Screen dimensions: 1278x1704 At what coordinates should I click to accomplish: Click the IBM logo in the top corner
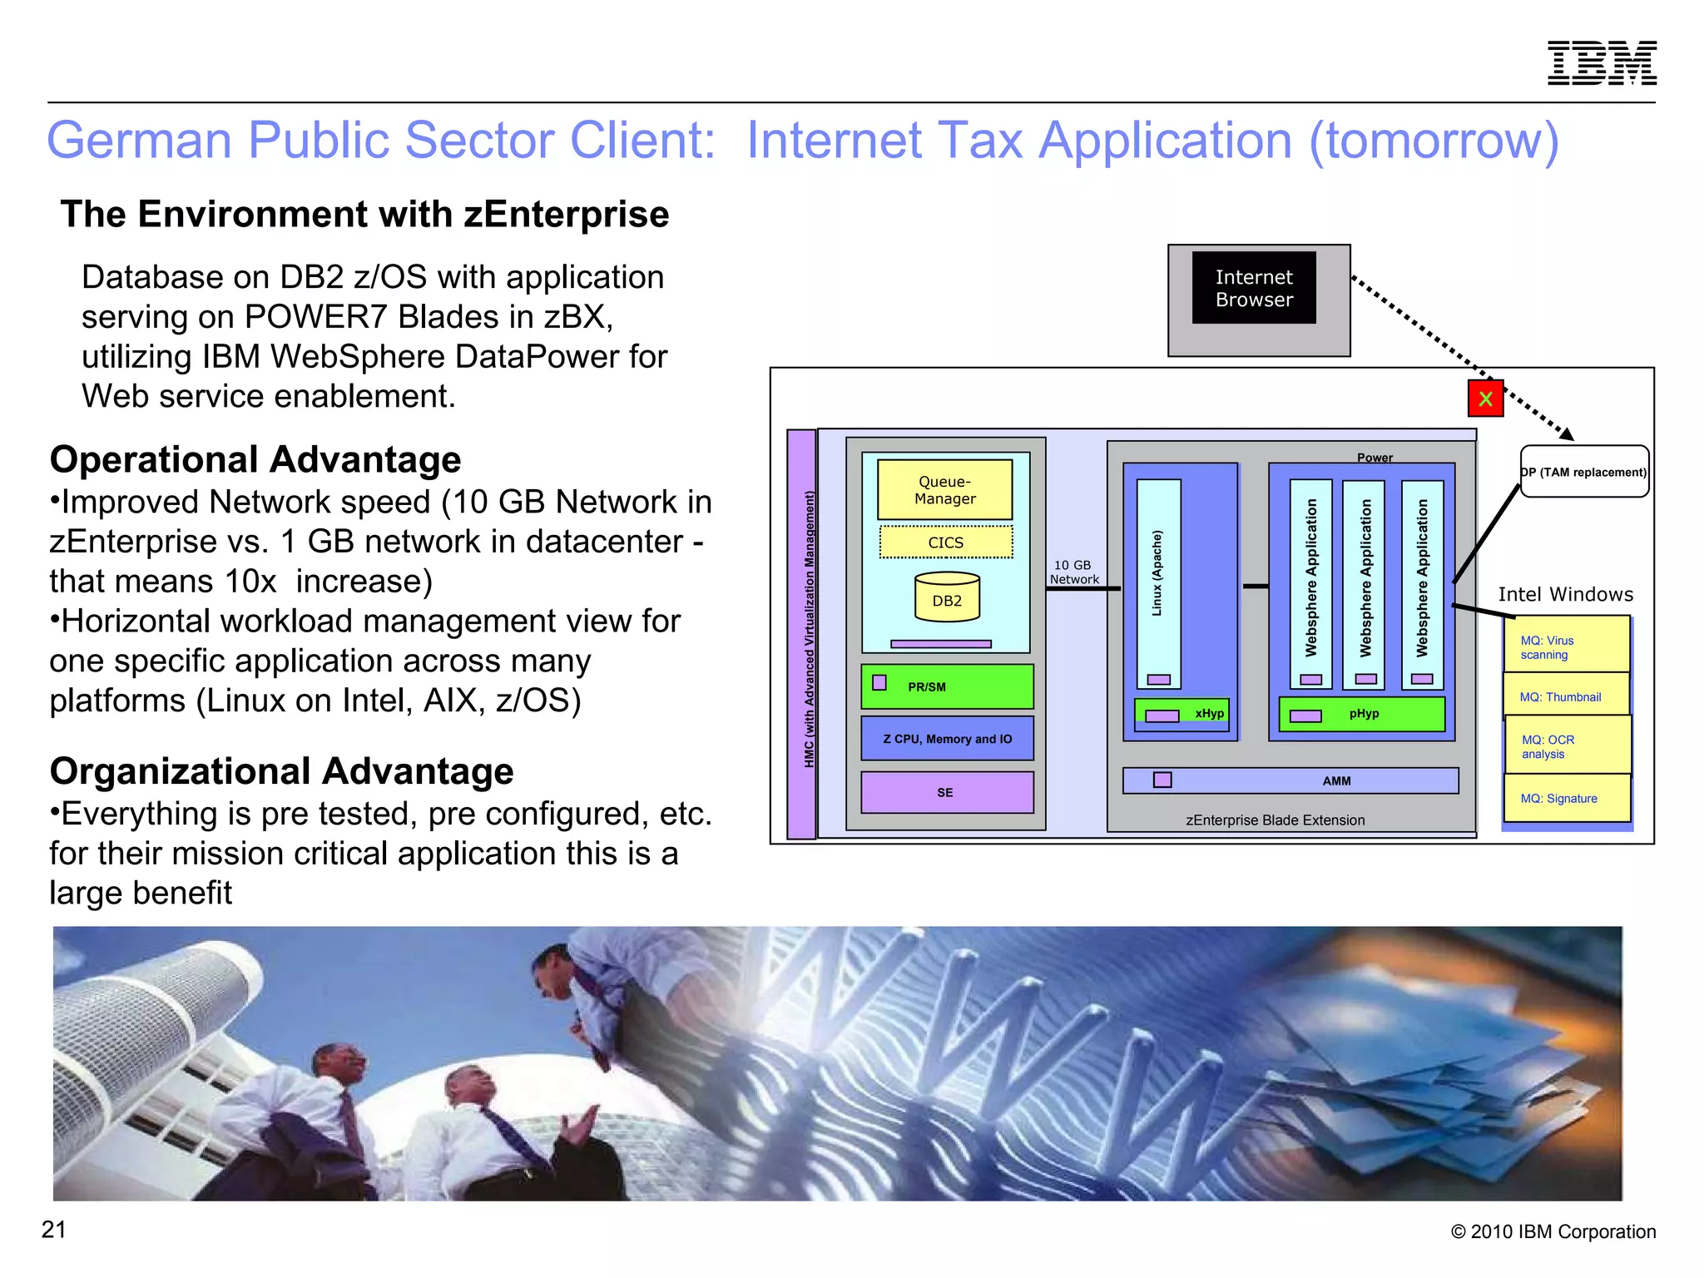1601,63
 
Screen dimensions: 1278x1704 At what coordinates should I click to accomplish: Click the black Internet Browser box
1254,288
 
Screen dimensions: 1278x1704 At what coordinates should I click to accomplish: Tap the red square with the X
1485,399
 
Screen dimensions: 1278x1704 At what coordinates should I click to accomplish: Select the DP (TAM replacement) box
1584,472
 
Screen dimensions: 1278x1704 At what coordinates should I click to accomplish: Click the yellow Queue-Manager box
944,490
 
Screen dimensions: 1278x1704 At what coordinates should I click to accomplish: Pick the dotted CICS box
946,542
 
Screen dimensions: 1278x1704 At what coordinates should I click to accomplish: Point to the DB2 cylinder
947,597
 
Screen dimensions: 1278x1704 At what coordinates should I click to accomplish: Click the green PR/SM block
947,686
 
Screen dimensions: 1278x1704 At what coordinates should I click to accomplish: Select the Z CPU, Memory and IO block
947,739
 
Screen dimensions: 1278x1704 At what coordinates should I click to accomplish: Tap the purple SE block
947,792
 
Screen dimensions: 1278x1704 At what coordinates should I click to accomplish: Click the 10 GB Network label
1073,572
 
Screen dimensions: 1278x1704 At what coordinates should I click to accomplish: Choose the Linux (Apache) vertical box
1158,582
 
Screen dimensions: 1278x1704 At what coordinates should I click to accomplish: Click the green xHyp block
1181,714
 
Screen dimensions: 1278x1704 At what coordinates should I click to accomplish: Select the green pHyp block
1362,714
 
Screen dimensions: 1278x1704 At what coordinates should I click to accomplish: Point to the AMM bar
1290,780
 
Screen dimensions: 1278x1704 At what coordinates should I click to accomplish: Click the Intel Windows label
1565,594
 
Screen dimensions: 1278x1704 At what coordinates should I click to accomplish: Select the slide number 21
54,1230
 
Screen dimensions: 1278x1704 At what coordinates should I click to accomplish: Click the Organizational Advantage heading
281,771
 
